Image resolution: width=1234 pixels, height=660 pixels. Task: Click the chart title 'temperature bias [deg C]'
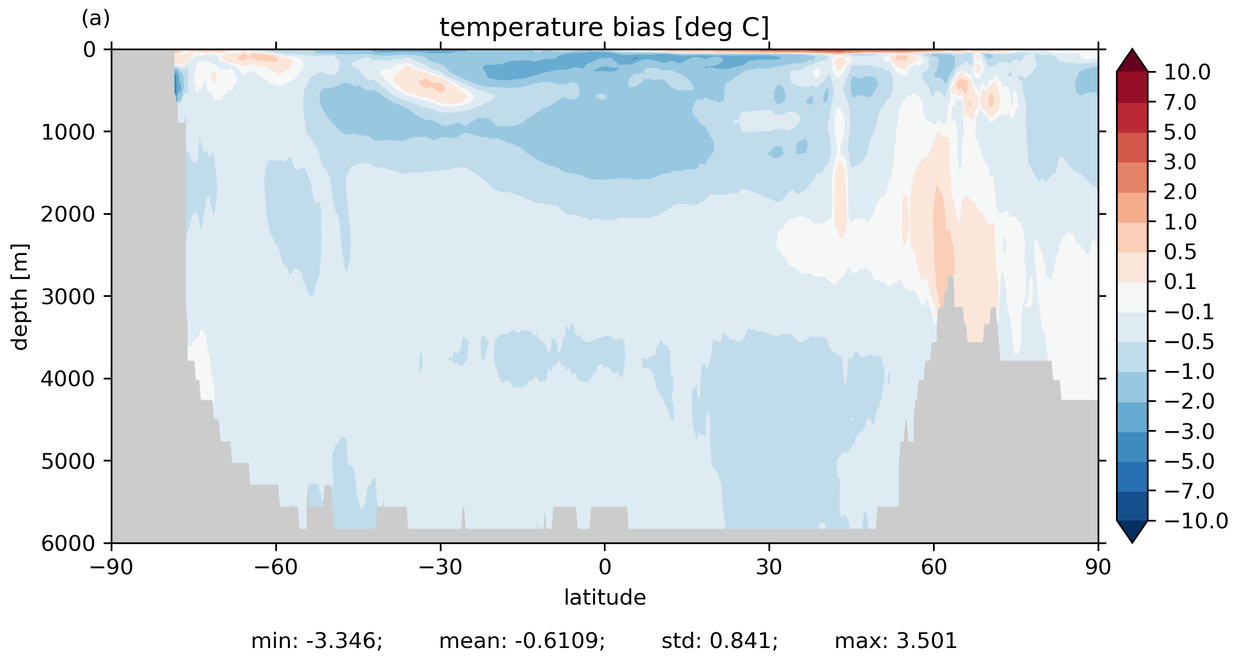coord(604,28)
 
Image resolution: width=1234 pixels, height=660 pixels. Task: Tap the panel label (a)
coord(96,19)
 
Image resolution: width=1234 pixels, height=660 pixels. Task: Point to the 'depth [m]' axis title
coord(20,296)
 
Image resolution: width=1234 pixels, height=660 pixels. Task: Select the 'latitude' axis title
coord(604,597)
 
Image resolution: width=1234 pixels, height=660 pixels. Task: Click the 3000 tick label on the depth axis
coord(68,296)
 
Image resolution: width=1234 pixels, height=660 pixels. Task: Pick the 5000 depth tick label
coord(68,461)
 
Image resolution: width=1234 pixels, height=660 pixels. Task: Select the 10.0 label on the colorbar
coord(1187,72)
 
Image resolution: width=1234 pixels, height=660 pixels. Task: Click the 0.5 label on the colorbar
coord(1180,252)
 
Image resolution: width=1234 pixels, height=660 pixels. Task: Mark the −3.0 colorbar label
coord(1189,432)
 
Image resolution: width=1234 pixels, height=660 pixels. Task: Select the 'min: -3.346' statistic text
coord(317,641)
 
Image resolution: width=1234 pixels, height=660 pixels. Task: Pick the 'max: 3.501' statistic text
coord(895,641)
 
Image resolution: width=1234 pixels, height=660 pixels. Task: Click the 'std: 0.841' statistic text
coord(719,641)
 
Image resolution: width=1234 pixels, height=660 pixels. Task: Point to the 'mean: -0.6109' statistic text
coord(522,641)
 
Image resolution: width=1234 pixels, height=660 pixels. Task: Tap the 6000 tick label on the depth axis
coord(68,543)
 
